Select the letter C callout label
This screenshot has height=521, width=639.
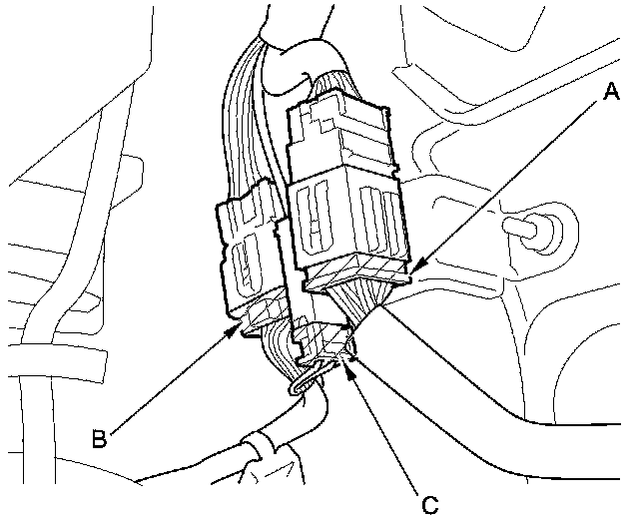pos(429,504)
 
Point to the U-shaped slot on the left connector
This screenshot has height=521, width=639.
pos(242,268)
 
